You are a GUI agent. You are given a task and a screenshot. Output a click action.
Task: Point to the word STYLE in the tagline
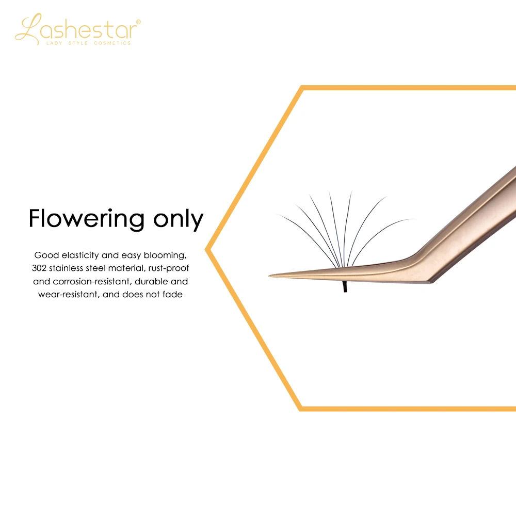tap(77, 43)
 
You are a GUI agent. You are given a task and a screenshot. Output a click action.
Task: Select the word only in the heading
tap(178, 219)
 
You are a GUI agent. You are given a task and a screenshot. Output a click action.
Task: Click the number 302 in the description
tap(40, 268)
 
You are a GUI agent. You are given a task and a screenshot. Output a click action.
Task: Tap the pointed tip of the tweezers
tap(271, 276)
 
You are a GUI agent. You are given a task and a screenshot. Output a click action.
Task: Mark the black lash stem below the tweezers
tap(345, 287)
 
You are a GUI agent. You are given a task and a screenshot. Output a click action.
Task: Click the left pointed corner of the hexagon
tap(207, 249)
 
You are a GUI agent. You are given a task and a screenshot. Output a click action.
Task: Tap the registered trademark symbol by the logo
tap(138, 22)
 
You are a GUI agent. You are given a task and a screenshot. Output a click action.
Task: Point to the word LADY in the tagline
tap(53, 43)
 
